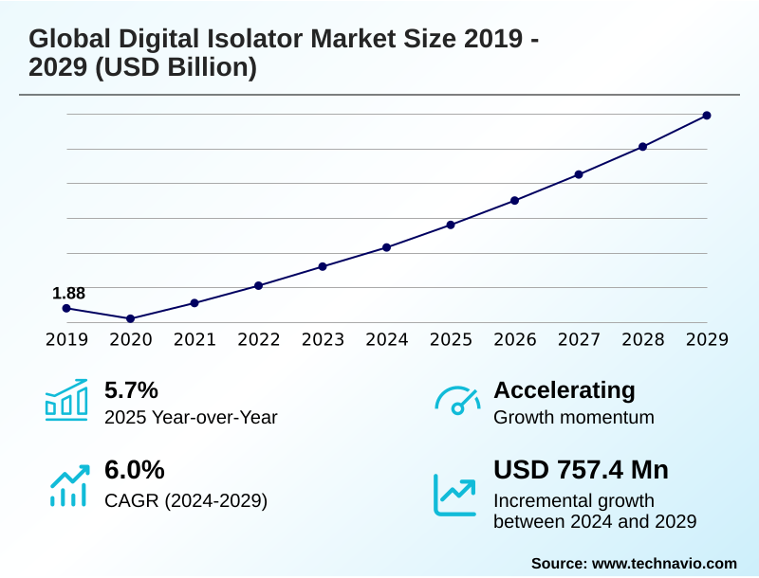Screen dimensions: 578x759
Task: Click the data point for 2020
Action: [x=131, y=318]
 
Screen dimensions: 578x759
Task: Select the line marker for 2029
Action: [x=707, y=116]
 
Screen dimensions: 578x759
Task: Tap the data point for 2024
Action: [x=387, y=247]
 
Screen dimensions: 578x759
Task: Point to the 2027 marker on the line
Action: [x=579, y=174]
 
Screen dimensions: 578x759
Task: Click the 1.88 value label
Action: [x=68, y=294]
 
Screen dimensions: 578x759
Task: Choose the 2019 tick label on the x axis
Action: [x=66, y=340]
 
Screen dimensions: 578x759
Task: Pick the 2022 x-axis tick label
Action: [x=258, y=340]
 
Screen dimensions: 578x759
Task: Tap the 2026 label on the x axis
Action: [x=514, y=340]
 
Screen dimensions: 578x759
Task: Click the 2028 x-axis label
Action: [x=642, y=340]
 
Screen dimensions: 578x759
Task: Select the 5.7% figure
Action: [x=131, y=390]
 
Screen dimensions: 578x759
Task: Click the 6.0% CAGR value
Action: [x=134, y=470]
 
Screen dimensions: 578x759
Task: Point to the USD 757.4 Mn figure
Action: [x=581, y=470]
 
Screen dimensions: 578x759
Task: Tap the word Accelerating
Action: [x=565, y=390]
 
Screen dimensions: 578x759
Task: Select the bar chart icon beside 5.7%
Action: [x=66, y=400]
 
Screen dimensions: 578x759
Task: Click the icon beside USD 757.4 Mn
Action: [x=455, y=494]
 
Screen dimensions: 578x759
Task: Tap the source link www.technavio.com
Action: [x=664, y=563]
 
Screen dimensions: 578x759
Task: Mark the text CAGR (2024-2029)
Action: [x=186, y=500]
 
